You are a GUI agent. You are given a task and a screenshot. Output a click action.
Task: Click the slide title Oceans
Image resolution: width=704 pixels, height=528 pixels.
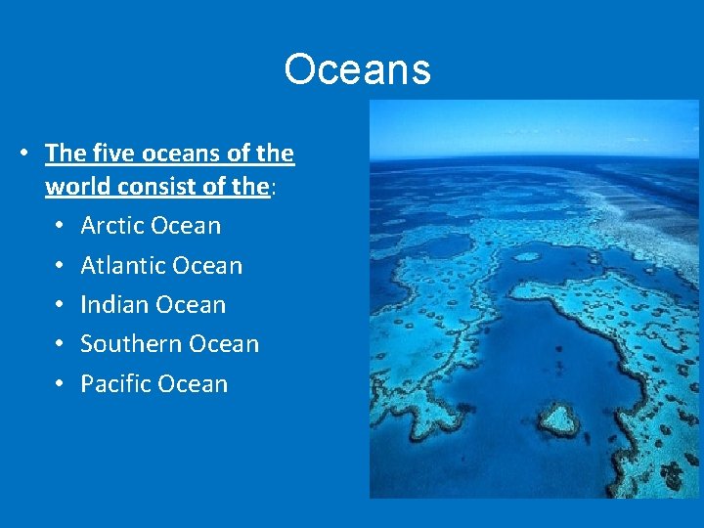(x=357, y=69)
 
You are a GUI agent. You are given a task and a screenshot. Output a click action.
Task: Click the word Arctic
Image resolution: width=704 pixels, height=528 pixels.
(x=110, y=226)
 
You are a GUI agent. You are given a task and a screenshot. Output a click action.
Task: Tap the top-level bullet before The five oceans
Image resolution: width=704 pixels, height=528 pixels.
(x=23, y=154)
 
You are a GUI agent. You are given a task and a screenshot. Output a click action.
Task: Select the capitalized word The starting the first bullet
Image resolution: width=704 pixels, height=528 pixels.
(x=65, y=154)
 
